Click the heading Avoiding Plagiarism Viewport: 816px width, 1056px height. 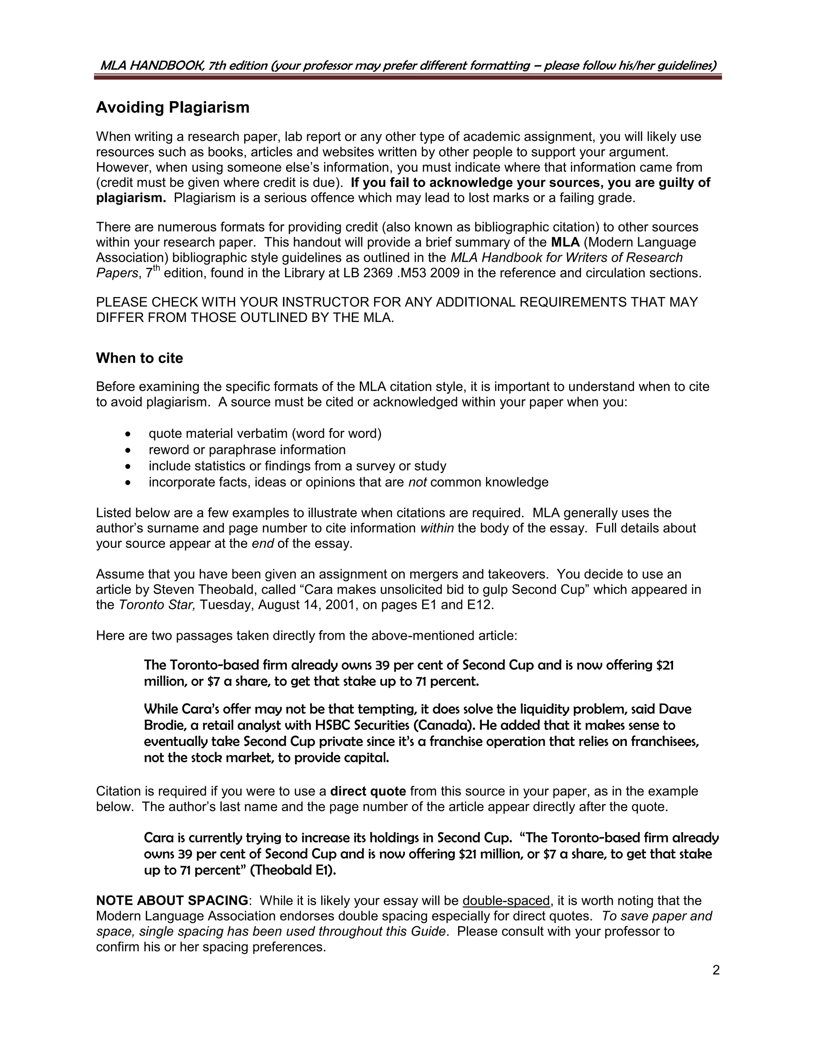pyautogui.click(x=173, y=107)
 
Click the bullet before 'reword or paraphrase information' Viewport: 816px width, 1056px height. pyautogui.click(x=127, y=451)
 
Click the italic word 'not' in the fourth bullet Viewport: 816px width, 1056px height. pyautogui.click(x=417, y=483)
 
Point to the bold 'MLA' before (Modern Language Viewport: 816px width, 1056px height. pyautogui.click(x=565, y=242)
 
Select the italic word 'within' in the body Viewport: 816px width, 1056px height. pyautogui.click(x=437, y=528)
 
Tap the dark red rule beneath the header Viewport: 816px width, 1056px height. pyautogui.click(x=408, y=77)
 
